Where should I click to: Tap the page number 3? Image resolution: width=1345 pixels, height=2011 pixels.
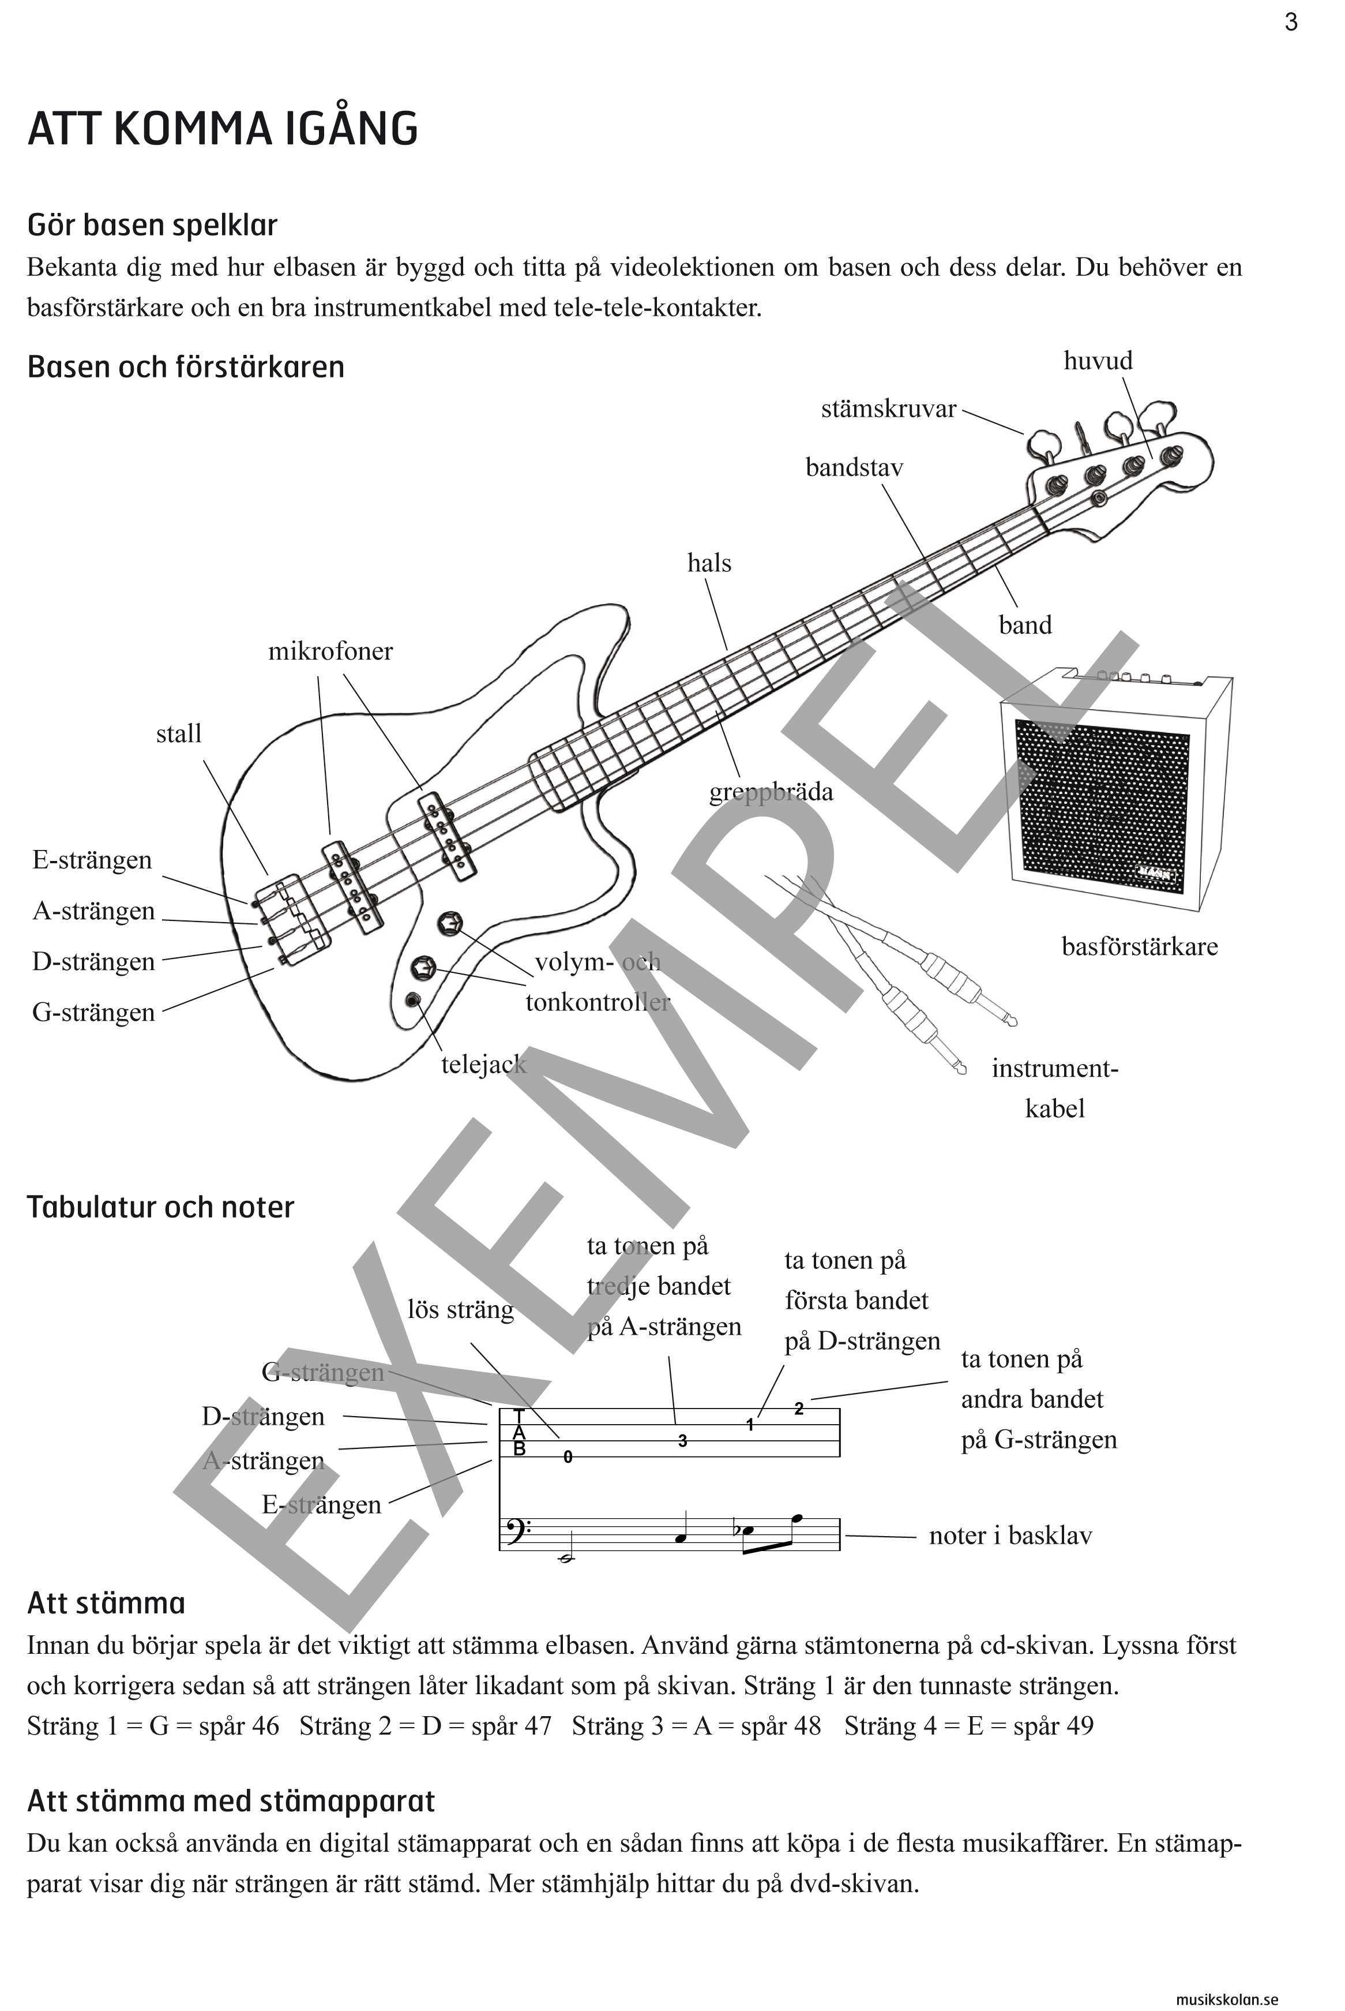1291,23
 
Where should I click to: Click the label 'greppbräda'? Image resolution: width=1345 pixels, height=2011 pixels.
771,792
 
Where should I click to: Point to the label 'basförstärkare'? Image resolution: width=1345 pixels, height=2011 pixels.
1139,947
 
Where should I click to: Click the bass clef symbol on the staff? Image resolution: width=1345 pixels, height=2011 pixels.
514,1530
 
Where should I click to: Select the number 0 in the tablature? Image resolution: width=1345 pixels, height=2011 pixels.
568,1457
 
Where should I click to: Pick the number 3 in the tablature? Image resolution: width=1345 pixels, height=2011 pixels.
683,1441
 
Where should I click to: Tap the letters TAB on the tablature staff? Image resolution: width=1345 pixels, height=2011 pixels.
519,1433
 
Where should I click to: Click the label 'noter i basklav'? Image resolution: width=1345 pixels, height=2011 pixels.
1009,1536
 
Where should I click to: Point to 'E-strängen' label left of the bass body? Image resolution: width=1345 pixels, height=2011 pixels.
92,860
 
